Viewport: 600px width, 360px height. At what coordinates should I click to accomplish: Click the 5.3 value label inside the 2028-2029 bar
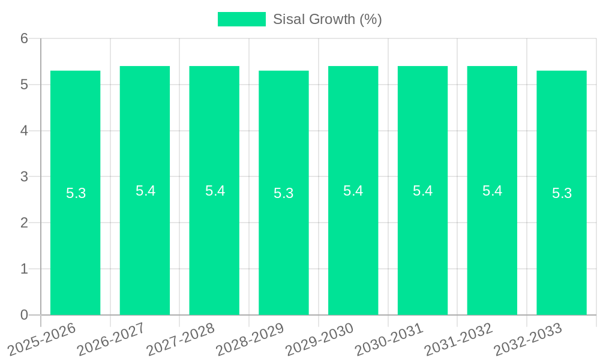pos(284,193)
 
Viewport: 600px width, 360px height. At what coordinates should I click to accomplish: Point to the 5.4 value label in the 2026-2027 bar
pos(145,191)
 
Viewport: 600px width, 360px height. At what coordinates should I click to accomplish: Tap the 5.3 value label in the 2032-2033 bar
pos(562,193)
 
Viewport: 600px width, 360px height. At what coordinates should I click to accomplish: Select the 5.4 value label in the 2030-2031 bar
pos(422,191)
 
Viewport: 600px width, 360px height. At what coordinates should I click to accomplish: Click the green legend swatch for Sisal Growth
pos(241,19)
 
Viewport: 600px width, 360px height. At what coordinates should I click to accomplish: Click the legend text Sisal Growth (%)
pos(327,19)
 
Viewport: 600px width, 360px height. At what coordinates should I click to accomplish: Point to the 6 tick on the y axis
pos(25,38)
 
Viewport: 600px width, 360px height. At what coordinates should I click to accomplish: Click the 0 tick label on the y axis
pos(25,315)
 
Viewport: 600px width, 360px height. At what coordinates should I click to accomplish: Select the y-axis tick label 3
pos(25,177)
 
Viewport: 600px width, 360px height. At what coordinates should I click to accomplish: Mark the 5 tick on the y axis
pos(25,85)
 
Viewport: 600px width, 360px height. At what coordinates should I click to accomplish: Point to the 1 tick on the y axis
pos(25,269)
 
